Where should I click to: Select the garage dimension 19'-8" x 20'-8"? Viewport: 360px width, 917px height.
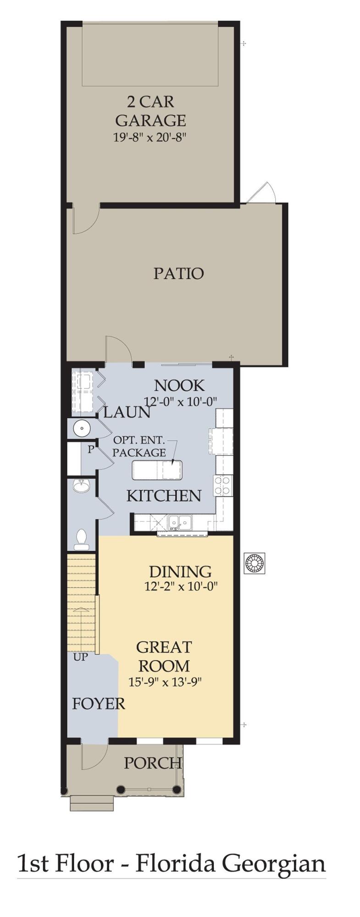[150, 137]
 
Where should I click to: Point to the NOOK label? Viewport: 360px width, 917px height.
[179, 386]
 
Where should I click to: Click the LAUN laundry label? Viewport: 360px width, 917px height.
[127, 413]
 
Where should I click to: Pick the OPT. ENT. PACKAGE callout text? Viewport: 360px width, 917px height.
[139, 446]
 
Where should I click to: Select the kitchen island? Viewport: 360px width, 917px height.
[157, 470]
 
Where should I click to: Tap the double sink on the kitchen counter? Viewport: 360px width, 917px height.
[179, 522]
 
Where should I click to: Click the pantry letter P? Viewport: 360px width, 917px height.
[91, 449]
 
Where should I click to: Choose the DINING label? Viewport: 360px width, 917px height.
[180, 572]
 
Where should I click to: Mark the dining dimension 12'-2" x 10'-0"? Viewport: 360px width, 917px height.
[180, 586]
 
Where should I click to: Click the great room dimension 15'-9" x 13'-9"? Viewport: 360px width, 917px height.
[165, 682]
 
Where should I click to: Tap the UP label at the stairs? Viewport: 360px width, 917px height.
[81, 657]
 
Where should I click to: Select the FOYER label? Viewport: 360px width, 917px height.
[98, 703]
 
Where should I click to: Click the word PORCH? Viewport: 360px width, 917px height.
[152, 763]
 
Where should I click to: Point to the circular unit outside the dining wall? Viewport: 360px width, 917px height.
[255, 563]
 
